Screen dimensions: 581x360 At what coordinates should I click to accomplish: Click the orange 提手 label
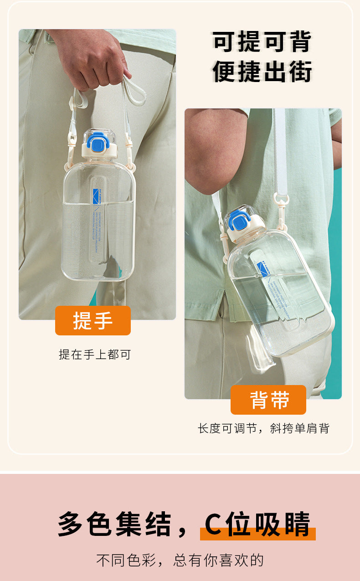[x=93, y=321]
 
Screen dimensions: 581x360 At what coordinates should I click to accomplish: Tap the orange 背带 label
[x=268, y=400]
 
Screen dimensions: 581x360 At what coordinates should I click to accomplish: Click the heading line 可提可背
[x=262, y=42]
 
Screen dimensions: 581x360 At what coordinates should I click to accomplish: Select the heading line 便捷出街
[x=262, y=72]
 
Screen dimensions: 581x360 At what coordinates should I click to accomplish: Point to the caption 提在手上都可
[x=95, y=355]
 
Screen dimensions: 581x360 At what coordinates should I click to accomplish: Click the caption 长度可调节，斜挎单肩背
[x=263, y=428]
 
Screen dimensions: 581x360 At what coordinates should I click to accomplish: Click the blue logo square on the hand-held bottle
[x=97, y=195]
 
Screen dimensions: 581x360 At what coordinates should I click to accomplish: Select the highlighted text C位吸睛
[x=257, y=524]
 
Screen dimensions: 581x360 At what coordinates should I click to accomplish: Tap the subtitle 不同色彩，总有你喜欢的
[x=180, y=560]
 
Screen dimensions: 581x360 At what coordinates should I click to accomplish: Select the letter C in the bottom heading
[x=213, y=524]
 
